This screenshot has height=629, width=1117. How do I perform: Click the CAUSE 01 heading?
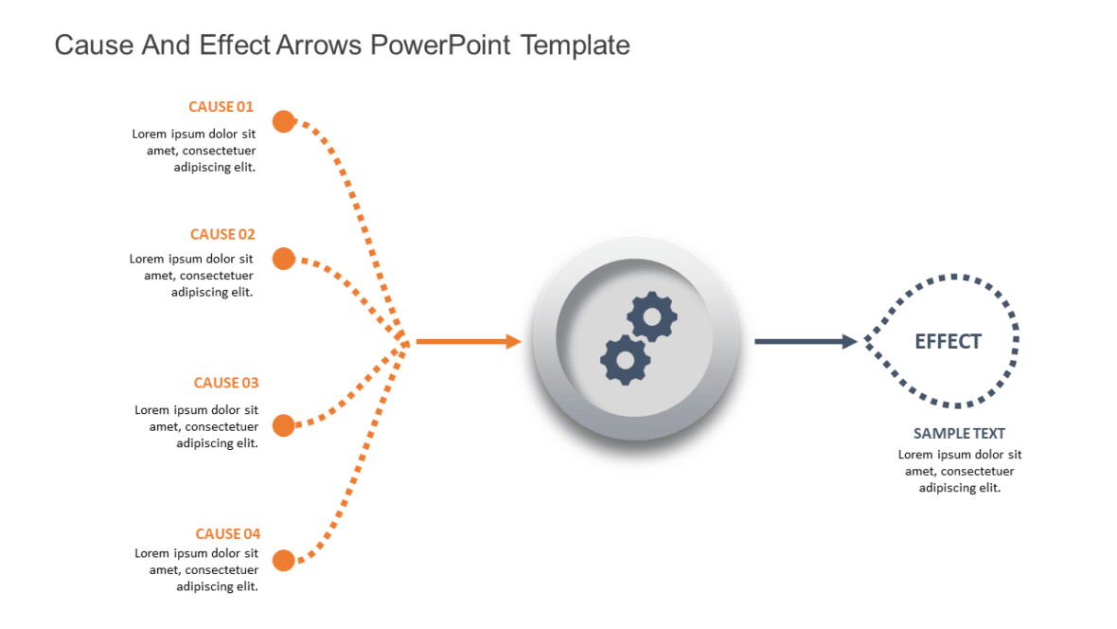(221, 107)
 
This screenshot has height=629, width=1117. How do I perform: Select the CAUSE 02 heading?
(222, 235)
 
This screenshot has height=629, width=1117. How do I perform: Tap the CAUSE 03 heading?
(225, 383)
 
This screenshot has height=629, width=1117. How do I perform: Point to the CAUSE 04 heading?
(227, 534)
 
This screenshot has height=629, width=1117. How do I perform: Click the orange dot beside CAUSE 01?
(283, 121)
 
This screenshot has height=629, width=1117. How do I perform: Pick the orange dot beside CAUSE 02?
(283, 259)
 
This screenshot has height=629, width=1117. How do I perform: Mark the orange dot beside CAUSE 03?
(283, 424)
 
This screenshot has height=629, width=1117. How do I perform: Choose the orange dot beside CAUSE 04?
(283, 561)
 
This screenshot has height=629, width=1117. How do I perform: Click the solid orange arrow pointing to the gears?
(469, 342)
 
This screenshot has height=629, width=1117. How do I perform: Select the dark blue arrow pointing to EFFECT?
(805, 341)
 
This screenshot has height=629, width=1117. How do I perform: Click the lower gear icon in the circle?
(625, 359)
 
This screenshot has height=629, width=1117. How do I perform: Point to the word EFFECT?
(948, 341)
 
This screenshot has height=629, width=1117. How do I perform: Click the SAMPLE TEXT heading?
(959, 434)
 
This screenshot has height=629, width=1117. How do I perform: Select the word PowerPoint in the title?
(441, 45)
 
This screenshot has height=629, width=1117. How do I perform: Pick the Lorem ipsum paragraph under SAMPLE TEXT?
(960, 471)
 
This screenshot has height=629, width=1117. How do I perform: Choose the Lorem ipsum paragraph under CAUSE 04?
(196, 569)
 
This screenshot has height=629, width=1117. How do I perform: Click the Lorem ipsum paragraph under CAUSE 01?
(194, 151)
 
